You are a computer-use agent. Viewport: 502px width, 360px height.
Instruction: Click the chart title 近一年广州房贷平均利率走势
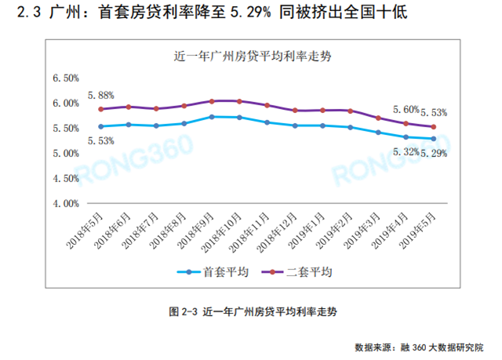(x=250, y=56)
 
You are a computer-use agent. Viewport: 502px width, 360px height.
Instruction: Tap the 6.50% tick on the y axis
(x=65, y=78)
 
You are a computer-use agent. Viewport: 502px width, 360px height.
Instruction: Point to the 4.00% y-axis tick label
(x=65, y=203)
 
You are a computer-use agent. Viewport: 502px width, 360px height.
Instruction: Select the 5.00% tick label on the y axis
(x=65, y=153)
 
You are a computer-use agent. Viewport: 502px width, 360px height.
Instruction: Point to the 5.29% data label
(x=434, y=154)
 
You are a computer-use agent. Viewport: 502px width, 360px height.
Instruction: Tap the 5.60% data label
(x=405, y=110)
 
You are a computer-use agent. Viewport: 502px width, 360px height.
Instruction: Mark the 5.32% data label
(x=402, y=151)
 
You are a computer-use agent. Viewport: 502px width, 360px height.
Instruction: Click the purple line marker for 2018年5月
(x=101, y=109)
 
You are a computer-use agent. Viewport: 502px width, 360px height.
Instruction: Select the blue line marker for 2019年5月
(x=434, y=139)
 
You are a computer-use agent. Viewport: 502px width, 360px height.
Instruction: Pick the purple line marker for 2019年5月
(x=434, y=127)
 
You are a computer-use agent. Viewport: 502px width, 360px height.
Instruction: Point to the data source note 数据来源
(x=420, y=346)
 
